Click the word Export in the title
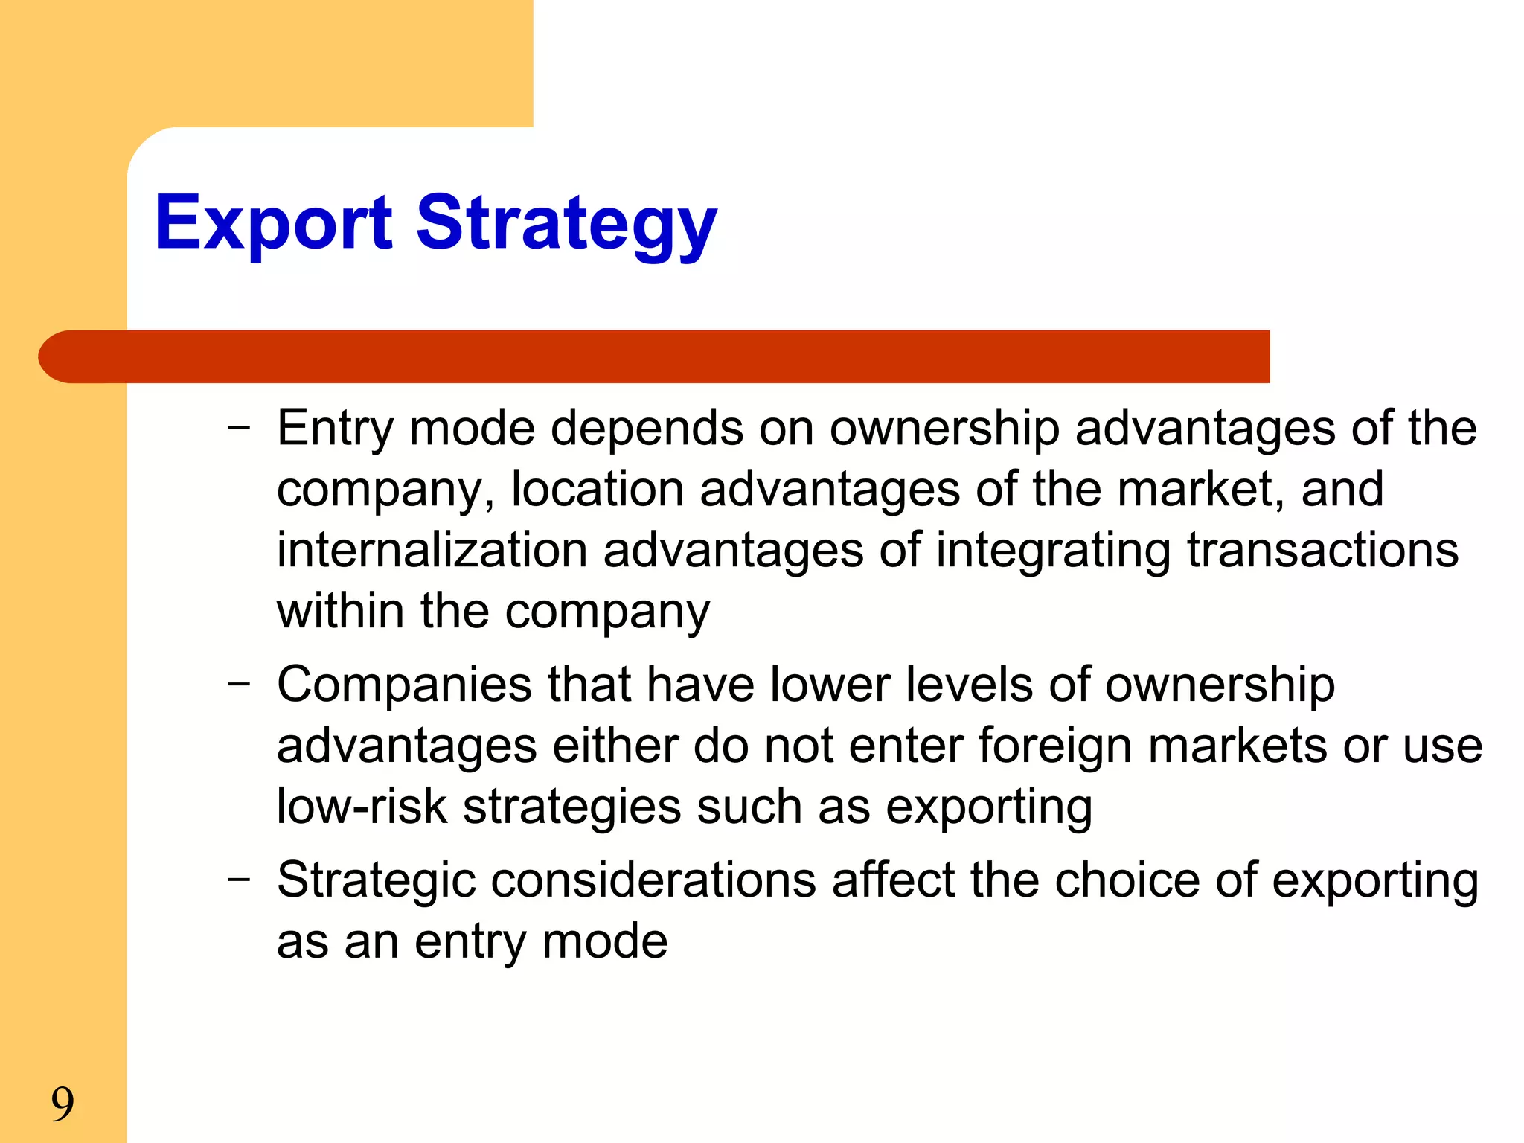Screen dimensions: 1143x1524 pyautogui.click(x=273, y=223)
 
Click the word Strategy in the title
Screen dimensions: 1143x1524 pyautogui.click(x=566, y=223)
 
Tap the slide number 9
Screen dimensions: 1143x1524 pyautogui.click(x=63, y=1104)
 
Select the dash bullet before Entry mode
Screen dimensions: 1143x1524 pyautogui.click(x=239, y=428)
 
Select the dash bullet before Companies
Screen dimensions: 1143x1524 pyautogui.click(x=239, y=684)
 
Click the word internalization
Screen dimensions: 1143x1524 pyautogui.click(x=432, y=550)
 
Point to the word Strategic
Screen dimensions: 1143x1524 pyautogui.click(x=376, y=880)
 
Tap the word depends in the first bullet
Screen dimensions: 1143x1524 pyautogui.click(x=647, y=429)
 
